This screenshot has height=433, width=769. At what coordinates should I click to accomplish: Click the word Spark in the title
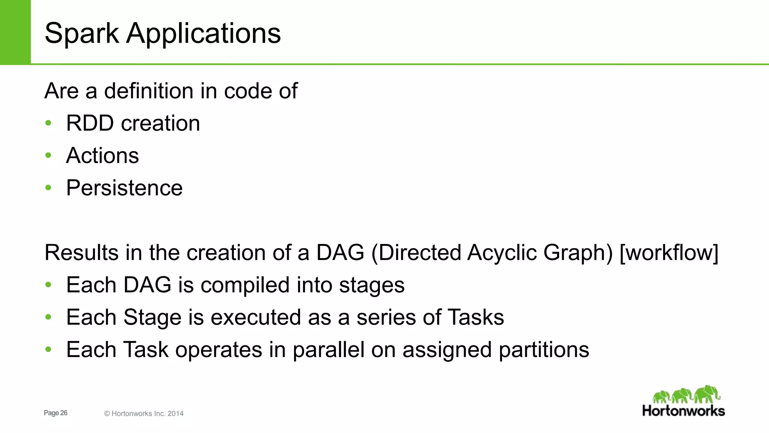[82, 34]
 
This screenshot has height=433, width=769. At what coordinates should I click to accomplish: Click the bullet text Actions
[102, 156]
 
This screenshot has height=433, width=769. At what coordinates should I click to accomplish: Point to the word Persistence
[124, 188]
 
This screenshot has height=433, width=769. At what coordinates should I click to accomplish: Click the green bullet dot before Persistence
[48, 188]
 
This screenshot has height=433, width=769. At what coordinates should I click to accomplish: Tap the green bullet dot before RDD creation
[48, 123]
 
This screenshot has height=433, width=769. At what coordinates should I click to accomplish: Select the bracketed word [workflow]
[669, 253]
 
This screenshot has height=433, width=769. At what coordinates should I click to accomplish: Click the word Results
[81, 253]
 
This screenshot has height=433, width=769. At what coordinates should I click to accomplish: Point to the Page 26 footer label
[56, 413]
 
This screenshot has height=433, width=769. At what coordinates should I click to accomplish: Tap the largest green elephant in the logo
[707, 394]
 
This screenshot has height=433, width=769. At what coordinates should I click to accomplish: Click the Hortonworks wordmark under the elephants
[683, 411]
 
